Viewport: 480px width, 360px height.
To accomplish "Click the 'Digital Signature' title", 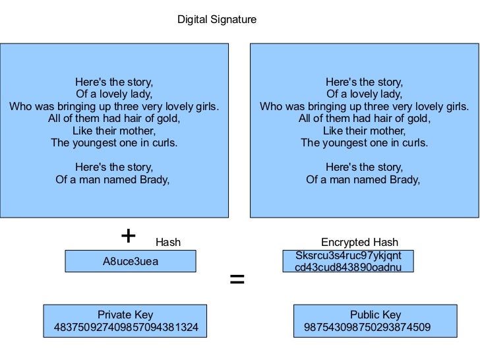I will (x=217, y=20).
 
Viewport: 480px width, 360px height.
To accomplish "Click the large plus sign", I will (x=129, y=236).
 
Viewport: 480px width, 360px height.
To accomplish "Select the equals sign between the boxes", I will (x=237, y=280).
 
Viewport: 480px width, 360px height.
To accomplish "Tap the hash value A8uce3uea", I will (x=131, y=262).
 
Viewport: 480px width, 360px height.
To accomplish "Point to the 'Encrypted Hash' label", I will (x=359, y=243).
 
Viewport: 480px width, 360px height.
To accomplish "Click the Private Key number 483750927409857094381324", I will (x=125, y=327).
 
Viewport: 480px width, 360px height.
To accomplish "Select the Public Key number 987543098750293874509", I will (x=367, y=327).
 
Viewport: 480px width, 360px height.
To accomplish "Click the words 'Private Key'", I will (x=125, y=315).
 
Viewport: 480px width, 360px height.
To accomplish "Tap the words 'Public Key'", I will (x=375, y=315).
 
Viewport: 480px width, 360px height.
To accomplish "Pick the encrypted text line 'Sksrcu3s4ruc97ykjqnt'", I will (x=348, y=255).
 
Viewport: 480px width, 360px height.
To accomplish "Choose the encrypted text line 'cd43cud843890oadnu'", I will (x=348, y=267).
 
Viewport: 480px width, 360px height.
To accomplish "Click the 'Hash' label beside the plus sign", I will (x=167, y=243).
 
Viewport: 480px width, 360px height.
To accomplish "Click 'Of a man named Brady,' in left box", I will (x=113, y=179).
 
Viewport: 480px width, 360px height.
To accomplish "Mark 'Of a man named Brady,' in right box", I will (x=363, y=179).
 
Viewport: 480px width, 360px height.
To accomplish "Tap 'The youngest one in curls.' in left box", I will (x=114, y=142).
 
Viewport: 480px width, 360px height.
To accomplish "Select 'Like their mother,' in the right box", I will (x=364, y=131).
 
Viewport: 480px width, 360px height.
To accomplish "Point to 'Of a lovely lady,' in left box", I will (x=114, y=94).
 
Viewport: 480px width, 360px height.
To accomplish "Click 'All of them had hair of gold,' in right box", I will (x=364, y=119).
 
